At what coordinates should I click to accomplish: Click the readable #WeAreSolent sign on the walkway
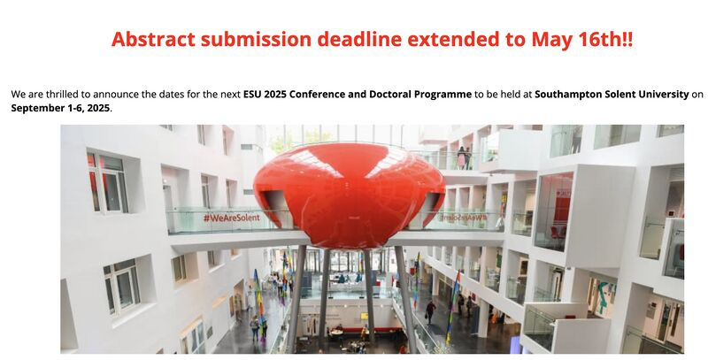coord(232,218)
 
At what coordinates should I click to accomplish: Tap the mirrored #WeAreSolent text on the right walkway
coord(464,217)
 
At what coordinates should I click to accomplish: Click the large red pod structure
coord(349,195)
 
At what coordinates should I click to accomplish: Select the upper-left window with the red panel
coord(107,182)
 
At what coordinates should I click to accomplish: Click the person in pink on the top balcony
coord(461,157)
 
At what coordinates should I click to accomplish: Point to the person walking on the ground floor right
coord(431,312)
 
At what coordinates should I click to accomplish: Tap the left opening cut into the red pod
coord(277,209)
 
